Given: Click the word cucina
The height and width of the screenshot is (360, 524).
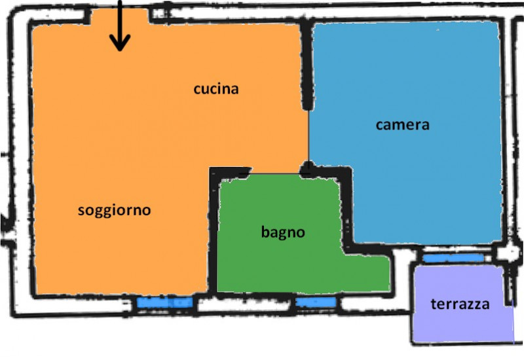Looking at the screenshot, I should [215, 89].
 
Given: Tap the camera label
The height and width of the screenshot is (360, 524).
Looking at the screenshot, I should [402, 124].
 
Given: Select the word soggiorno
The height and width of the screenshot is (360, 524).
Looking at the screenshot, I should [114, 210].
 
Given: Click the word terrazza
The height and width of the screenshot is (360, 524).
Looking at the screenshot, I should [460, 304].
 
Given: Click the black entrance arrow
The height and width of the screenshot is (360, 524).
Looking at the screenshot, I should [119, 26].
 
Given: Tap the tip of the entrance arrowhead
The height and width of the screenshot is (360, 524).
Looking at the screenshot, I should [119, 50].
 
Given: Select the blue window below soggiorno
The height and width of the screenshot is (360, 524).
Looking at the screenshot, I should [164, 303].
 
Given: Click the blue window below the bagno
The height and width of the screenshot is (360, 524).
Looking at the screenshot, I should [316, 302].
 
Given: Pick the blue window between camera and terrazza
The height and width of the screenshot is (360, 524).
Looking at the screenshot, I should [453, 259].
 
